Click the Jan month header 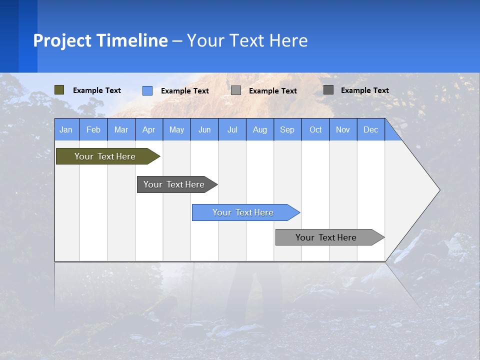[66, 129]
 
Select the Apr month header [148, 129]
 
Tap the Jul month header [232, 129]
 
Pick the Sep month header [287, 129]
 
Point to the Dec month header [370, 129]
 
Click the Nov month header [342, 129]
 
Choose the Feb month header [93, 129]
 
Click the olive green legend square [59, 90]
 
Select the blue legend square [147, 90]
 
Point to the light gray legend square [236, 90]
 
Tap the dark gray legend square [328, 90]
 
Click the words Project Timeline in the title [100, 40]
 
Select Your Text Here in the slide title [247, 40]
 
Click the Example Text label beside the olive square [97, 90]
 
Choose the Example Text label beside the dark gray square [365, 90]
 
